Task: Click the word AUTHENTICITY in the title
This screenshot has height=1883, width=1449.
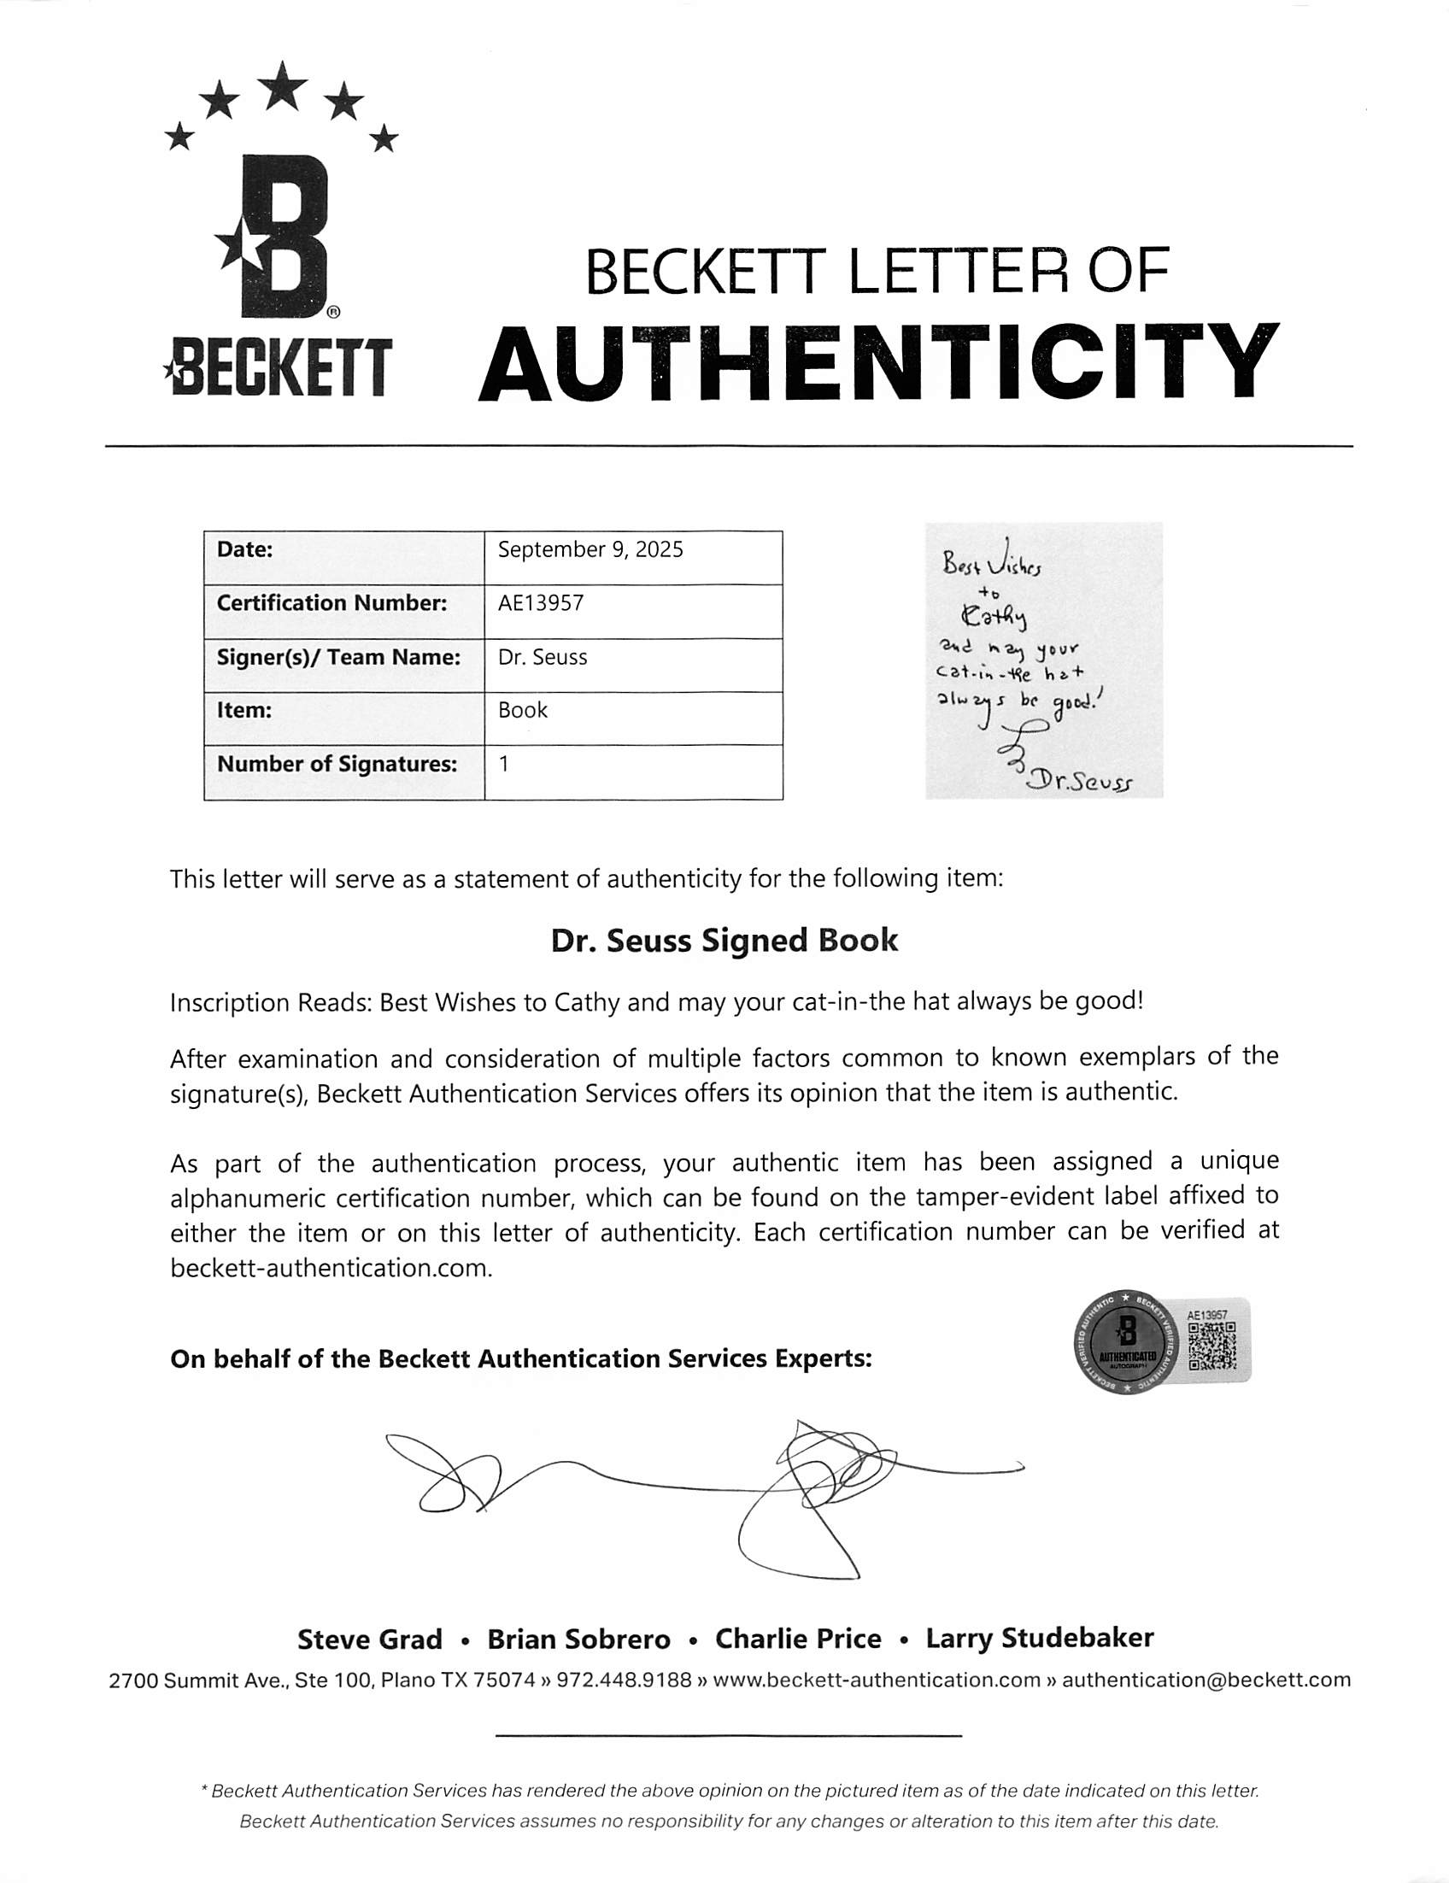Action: click(x=878, y=363)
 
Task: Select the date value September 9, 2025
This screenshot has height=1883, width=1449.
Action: click(x=590, y=550)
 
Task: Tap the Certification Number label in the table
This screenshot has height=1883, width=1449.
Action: click(x=331, y=603)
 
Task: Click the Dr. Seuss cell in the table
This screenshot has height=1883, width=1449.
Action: click(x=543, y=658)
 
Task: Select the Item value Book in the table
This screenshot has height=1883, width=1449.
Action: click(x=522, y=711)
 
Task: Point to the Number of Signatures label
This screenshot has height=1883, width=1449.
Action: click(x=336, y=765)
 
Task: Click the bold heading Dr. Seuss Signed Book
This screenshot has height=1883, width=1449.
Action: click(x=724, y=940)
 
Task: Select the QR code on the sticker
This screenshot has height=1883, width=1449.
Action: click(x=1211, y=1346)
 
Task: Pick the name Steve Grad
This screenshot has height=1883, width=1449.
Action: click(x=369, y=1639)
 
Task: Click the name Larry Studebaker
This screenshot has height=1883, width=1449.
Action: click(x=1039, y=1638)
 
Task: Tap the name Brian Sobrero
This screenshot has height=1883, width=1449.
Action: click(x=578, y=1639)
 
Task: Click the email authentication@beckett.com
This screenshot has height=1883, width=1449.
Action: click(x=1206, y=1680)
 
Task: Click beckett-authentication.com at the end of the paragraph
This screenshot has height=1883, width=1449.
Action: click(x=331, y=1268)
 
